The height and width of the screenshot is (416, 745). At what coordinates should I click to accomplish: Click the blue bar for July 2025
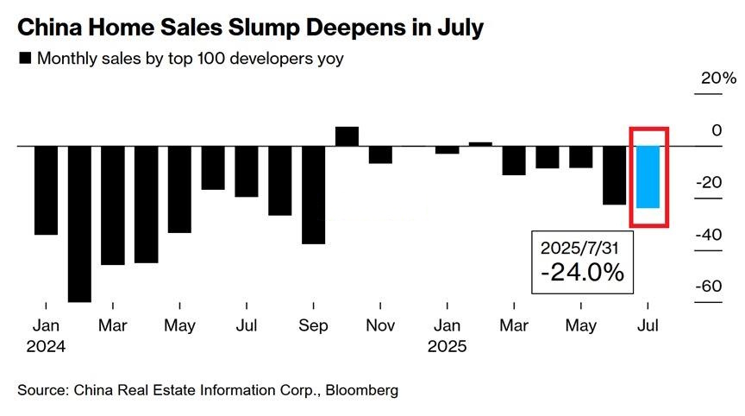[x=648, y=177]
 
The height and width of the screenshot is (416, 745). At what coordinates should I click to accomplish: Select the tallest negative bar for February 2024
[x=79, y=224]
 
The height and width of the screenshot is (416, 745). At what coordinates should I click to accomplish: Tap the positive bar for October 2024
[x=347, y=136]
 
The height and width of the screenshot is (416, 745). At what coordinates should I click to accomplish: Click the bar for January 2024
[x=46, y=190]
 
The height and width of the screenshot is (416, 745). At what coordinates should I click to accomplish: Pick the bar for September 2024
[x=313, y=195]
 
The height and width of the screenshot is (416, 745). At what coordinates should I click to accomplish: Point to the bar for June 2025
[x=614, y=175]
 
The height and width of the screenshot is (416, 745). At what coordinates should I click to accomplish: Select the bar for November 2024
[x=380, y=154]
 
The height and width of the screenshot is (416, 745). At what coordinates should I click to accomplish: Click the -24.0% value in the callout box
[x=582, y=273]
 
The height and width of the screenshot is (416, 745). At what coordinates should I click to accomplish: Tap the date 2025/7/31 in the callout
[x=580, y=247]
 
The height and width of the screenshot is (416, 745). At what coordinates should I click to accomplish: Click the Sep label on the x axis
[x=313, y=326]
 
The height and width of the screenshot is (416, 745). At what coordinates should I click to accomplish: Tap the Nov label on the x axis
[x=380, y=326]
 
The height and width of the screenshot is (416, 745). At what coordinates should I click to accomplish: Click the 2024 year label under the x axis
[x=47, y=346]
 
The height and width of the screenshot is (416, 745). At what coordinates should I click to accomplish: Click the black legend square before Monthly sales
[x=24, y=59]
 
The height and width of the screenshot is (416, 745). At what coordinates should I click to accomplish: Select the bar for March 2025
[x=514, y=161]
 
